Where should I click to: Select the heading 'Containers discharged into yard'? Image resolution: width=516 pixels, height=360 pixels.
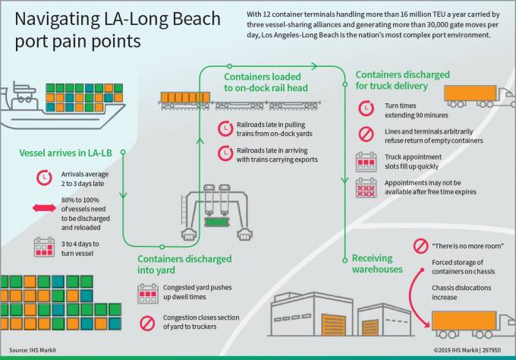point(184,264)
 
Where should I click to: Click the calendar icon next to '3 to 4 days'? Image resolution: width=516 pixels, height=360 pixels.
point(42,247)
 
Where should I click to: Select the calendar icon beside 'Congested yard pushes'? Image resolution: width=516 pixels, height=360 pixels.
point(148,293)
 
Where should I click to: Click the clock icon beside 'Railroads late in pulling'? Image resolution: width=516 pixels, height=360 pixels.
point(225,128)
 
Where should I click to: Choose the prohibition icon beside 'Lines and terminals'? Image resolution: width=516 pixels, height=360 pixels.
point(366,134)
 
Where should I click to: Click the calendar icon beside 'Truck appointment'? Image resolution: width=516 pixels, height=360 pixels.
point(366,160)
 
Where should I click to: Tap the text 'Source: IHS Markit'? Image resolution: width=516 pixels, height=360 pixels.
point(27,351)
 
